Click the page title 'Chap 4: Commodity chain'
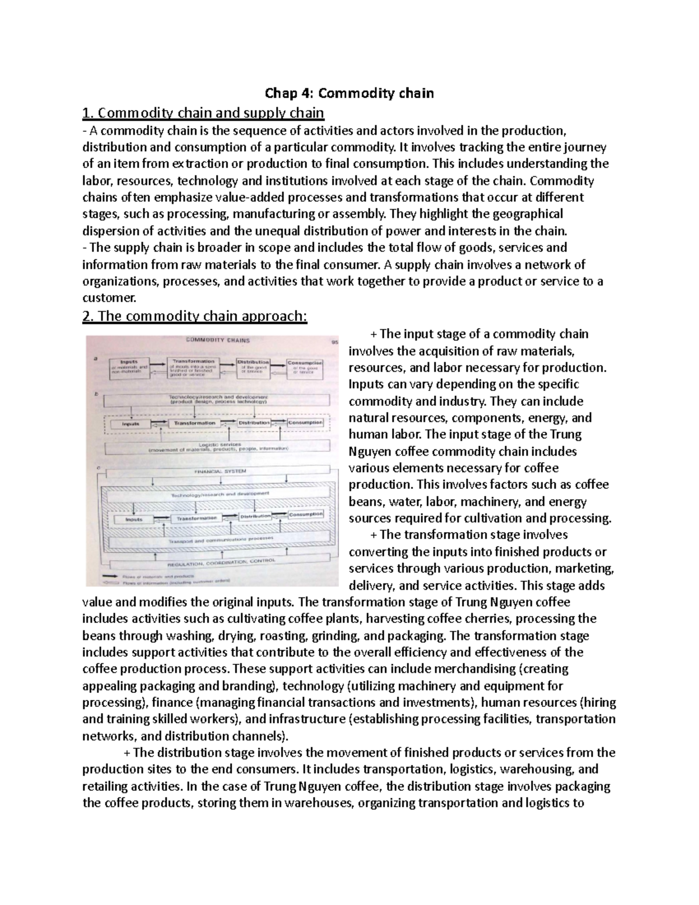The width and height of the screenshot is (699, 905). pos(349,93)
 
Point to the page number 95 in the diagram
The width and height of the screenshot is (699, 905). pos(334,343)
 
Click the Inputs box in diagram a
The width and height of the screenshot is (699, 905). pos(125,365)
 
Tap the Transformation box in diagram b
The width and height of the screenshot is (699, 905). pos(192,423)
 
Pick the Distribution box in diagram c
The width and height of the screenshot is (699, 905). pos(255,516)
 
